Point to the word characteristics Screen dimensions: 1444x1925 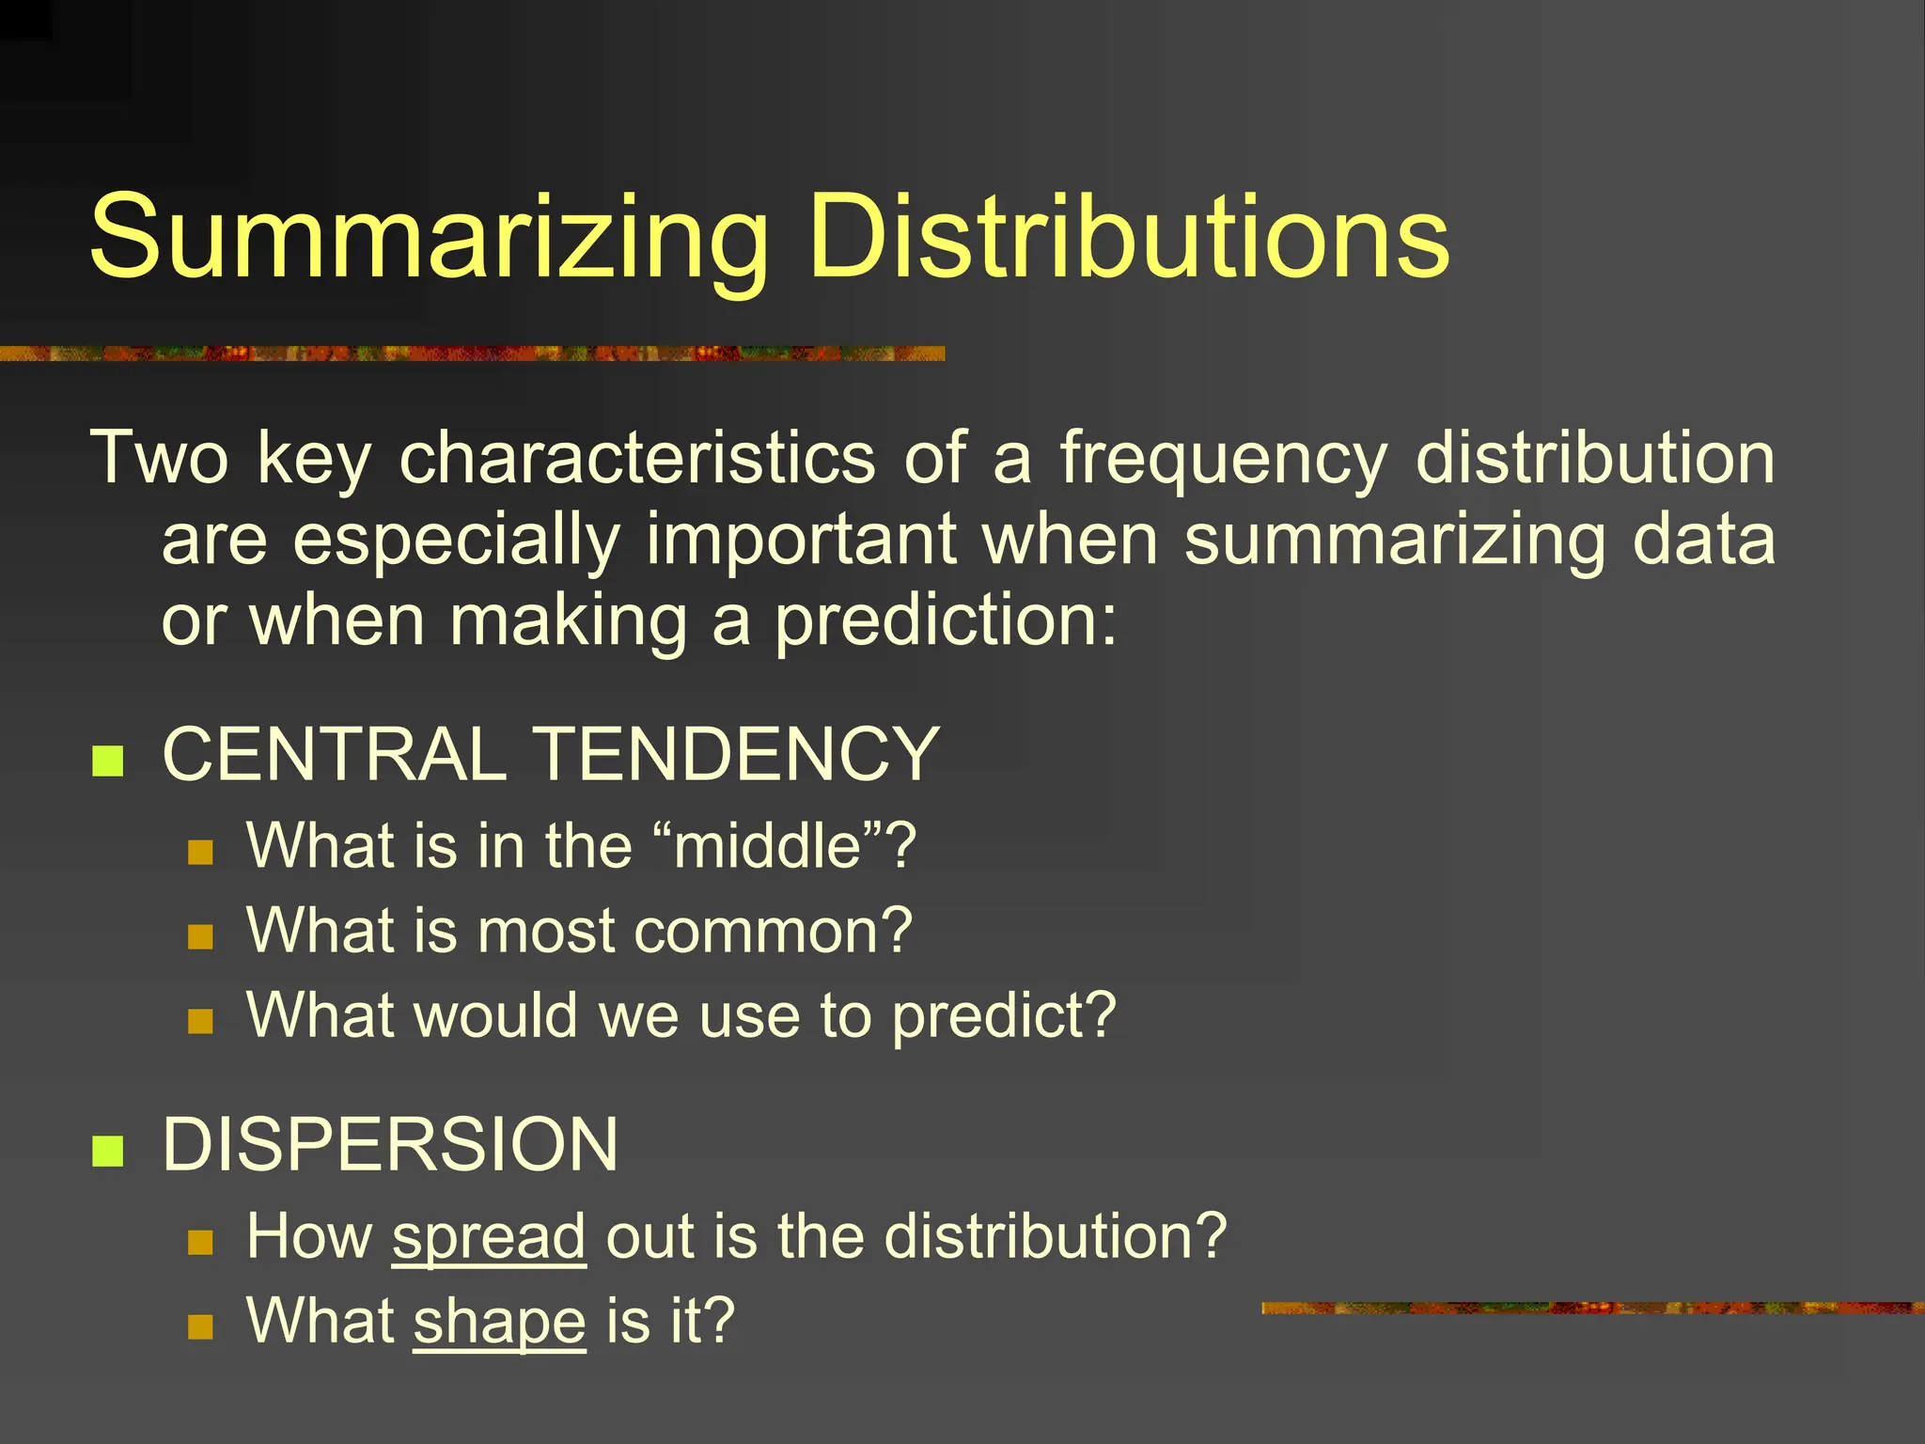[637, 459]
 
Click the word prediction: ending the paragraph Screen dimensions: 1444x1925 [946, 622]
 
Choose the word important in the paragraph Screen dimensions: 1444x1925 [801, 541]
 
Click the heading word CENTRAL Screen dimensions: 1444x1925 [335, 754]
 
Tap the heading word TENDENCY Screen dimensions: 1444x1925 [737, 754]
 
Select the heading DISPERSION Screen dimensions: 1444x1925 [390, 1144]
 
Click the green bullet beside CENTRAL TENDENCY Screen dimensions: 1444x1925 [108, 761]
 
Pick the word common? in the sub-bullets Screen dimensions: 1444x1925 [773, 931]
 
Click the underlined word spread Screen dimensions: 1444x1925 [489, 1236]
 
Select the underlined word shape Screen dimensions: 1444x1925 [499, 1322]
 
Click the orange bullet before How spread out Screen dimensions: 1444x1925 [200, 1243]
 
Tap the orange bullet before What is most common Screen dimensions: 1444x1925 [200, 936]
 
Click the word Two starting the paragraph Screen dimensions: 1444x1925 [159, 459]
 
